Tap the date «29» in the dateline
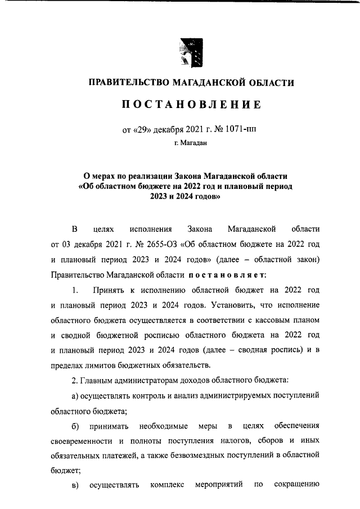pyautogui.click(x=141, y=128)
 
